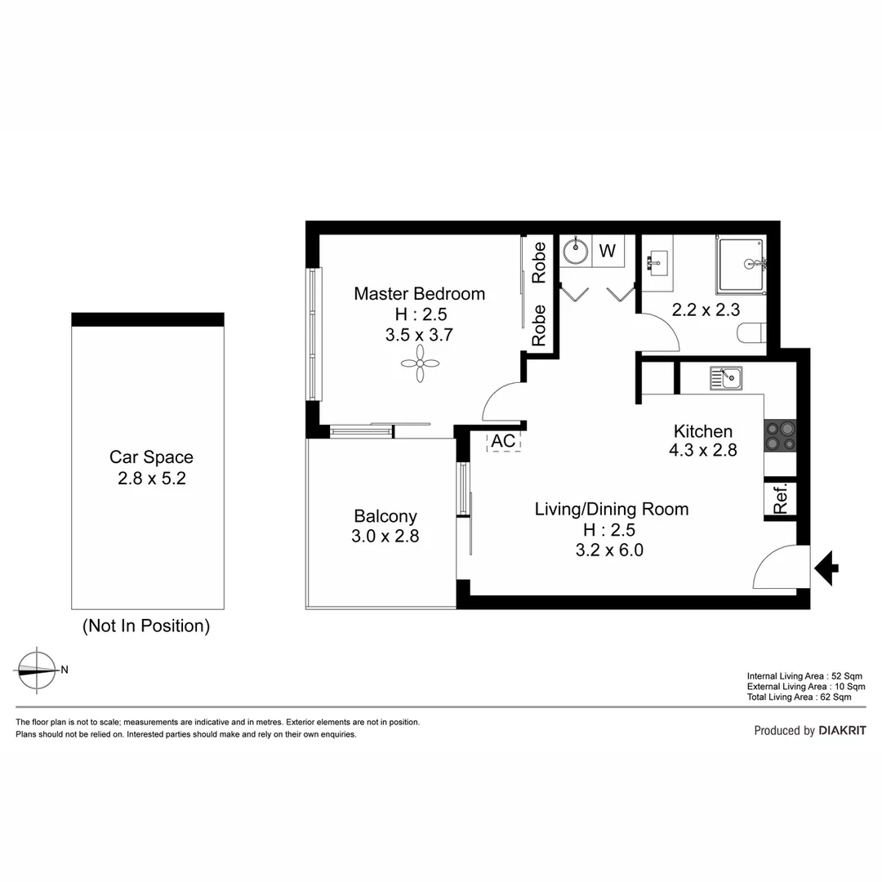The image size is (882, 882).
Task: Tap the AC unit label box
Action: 504,441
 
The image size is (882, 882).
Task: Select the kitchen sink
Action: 725,377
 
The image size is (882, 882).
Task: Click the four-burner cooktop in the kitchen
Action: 780,435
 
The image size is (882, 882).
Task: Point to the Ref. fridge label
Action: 781,498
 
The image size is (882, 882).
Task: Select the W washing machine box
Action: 608,251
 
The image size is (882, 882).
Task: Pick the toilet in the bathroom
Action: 751,332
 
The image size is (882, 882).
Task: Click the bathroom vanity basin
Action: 655,261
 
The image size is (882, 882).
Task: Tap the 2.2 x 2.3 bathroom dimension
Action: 705,310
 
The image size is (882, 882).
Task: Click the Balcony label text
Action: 385,516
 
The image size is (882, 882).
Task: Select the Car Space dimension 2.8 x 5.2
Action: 151,479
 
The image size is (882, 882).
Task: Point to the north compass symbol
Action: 36,669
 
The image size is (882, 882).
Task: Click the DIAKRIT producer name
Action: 841,731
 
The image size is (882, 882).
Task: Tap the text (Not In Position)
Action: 146,626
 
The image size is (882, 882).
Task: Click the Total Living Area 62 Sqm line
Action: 799,697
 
